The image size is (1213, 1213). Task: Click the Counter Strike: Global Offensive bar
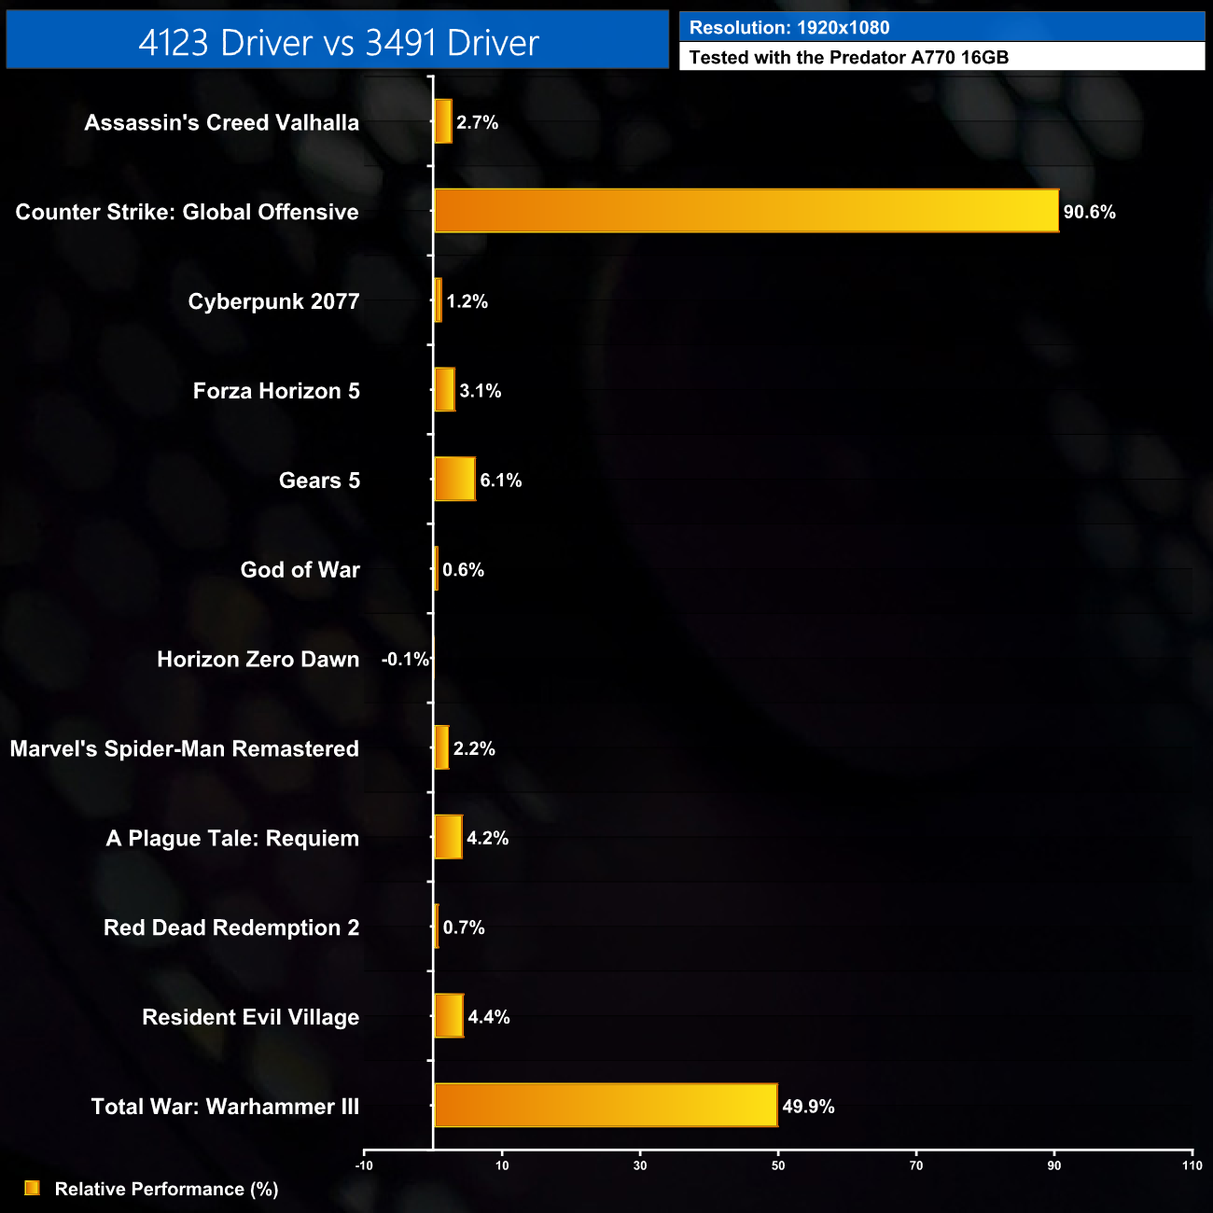746,211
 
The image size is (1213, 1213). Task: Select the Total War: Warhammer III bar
606,1106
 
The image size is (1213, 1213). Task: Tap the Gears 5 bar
454,480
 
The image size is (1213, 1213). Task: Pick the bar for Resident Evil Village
449,1016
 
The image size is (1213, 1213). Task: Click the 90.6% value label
1089,212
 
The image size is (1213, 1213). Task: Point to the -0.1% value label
405,660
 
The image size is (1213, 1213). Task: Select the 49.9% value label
808,1107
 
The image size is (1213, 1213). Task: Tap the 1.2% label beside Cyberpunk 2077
467,301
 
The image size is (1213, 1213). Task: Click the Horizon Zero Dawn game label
258,660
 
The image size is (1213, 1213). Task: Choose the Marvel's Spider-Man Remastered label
184,748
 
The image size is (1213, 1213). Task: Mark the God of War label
300,570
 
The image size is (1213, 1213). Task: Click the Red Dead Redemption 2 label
231,927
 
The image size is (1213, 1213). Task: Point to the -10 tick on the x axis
364,1165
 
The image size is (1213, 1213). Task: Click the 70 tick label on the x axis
916,1165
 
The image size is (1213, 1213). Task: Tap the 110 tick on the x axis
1192,1165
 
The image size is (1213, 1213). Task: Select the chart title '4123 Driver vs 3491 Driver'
338,42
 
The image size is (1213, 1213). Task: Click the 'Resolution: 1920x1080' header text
789,28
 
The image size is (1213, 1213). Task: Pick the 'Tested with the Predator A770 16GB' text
848,57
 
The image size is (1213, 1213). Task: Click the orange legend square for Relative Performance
32,1188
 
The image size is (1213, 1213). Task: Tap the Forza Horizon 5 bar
444,390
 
